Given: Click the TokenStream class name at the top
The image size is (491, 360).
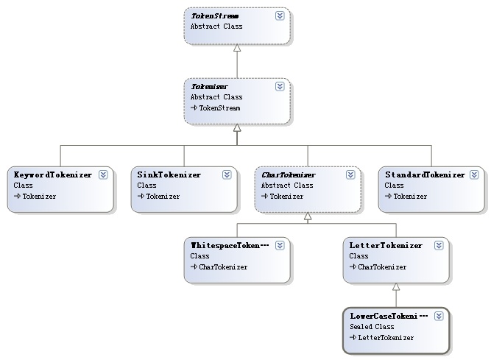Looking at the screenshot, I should point(215,15).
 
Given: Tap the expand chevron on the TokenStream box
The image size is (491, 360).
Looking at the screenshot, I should point(280,15).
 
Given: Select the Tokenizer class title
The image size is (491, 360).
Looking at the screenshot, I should point(210,86).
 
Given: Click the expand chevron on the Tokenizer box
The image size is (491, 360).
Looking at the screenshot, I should point(280,86).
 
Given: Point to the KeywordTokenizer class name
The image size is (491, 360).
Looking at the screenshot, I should point(53,174).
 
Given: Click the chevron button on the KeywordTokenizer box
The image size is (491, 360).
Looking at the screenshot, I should point(103,174).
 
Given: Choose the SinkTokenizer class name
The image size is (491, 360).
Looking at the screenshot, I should point(169,174).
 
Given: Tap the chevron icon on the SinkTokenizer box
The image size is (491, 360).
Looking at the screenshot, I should point(227,174).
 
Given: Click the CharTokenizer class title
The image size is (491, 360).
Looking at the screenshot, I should point(289,174).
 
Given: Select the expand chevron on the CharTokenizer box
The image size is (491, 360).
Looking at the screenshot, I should point(350,174).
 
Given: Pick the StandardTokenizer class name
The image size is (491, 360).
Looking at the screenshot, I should point(425,174).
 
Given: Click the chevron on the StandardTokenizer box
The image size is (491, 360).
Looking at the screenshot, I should point(474,174).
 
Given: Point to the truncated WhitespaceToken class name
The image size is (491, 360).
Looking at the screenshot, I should point(230,245).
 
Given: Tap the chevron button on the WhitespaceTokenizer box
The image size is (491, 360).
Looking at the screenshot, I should point(280,245).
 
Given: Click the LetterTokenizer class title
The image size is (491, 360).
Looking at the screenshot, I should point(386,245).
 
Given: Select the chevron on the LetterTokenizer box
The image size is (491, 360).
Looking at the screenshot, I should point(439,245).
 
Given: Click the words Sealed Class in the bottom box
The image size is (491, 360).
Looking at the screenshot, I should point(372,326).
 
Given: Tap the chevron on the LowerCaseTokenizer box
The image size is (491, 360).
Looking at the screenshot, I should point(439,316).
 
